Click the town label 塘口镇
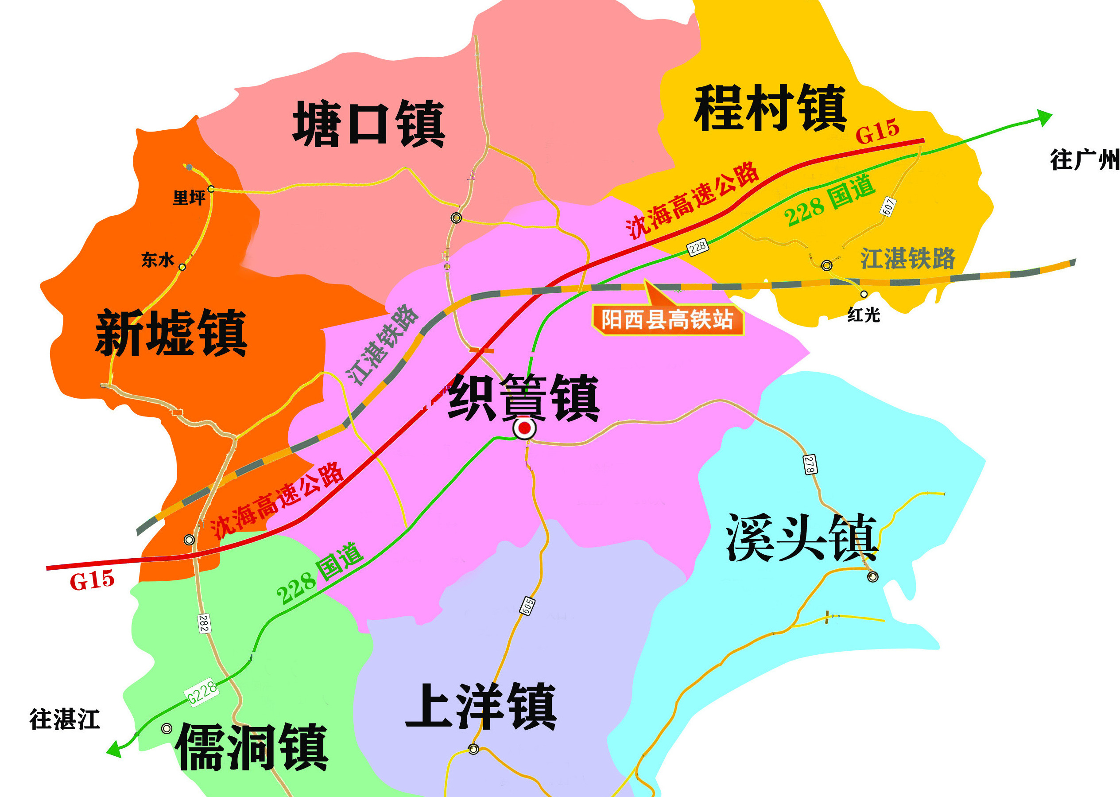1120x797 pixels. tap(368, 124)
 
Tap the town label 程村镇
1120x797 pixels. tap(770, 108)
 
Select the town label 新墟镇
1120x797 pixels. tap(171, 333)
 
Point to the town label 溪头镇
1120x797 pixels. tap(802, 538)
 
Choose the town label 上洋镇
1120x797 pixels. tap(481, 707)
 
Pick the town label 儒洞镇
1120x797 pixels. tap(252, 747)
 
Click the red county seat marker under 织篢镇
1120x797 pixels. tap(524, 428)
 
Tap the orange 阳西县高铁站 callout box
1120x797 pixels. tap(667, 320)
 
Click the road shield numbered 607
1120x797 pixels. tap(888, 206)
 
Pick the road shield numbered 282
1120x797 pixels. tap(204, 623)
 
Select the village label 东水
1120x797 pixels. tap(158, 260)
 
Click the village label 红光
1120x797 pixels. tap(864, 315)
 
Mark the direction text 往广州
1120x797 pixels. tap(1084, 160)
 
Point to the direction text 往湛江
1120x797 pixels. tap(64, 719)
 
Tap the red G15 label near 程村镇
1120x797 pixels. tap(877, 131)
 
